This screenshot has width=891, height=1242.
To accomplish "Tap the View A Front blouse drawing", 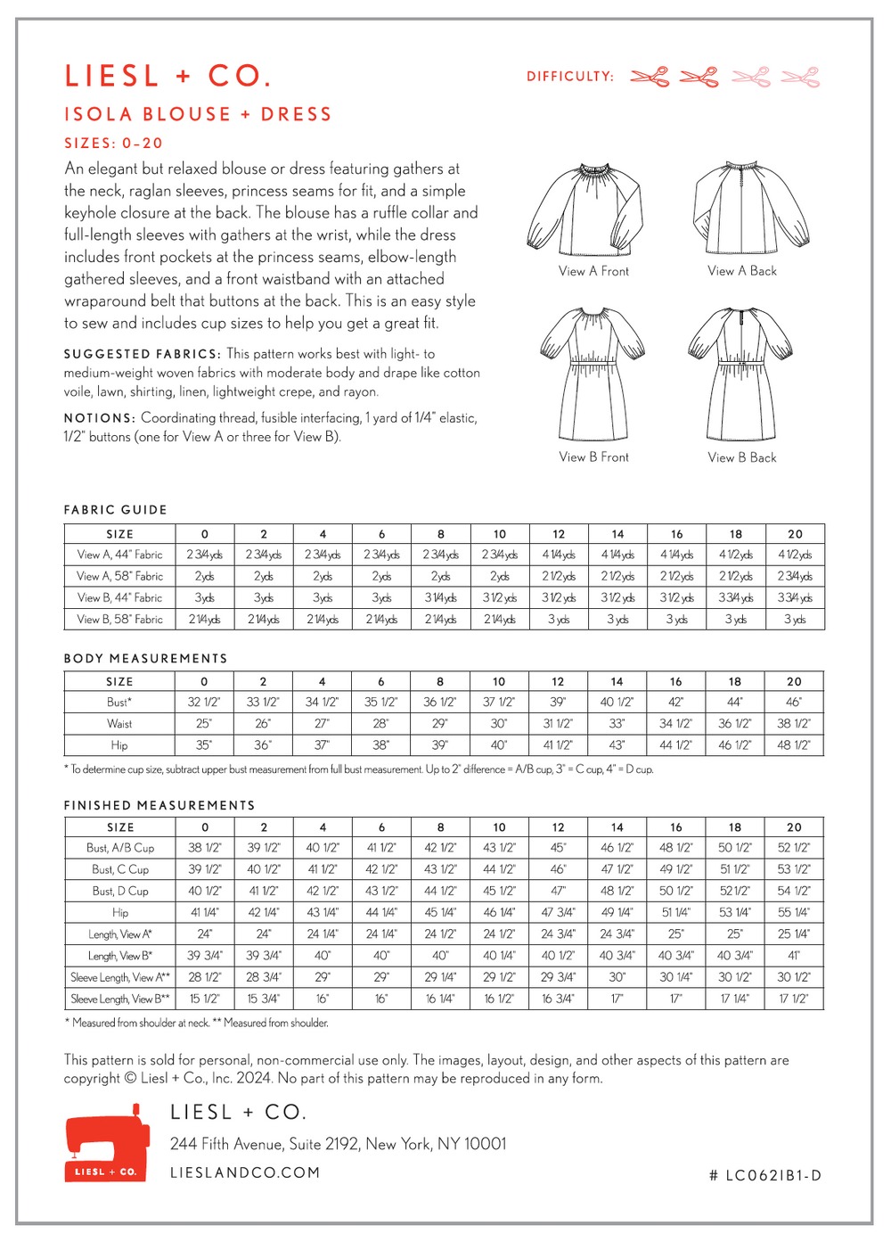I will [584, 208].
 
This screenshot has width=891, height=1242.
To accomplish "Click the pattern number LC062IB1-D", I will [765, 1175].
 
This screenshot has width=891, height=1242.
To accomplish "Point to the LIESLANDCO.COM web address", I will [245, 1172].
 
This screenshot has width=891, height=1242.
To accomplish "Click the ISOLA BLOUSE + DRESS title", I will [198, 114].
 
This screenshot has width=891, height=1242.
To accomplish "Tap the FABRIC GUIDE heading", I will [115, 510].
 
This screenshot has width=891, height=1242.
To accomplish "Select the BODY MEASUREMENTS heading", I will [145, 658].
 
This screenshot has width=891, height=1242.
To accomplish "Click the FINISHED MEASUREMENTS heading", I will [159, 805].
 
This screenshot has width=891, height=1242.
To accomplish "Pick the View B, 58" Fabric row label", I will [120, 619].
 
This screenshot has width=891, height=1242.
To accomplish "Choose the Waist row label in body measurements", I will [119, 724].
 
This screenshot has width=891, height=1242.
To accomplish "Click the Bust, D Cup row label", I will [120, 891].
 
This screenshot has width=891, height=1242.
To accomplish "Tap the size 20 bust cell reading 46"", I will [794, 702].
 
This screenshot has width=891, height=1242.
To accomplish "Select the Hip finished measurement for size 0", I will [205, 912].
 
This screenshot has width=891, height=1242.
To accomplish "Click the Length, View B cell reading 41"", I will [794, 955].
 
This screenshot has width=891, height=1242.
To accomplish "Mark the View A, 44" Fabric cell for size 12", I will [559, 555].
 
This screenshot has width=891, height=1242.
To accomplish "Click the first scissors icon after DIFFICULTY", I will [650, 77].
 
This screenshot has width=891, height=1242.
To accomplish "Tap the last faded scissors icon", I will [800, 77].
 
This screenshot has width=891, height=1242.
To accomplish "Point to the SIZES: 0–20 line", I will [113, 143].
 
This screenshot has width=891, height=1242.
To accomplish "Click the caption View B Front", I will [593, 456].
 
